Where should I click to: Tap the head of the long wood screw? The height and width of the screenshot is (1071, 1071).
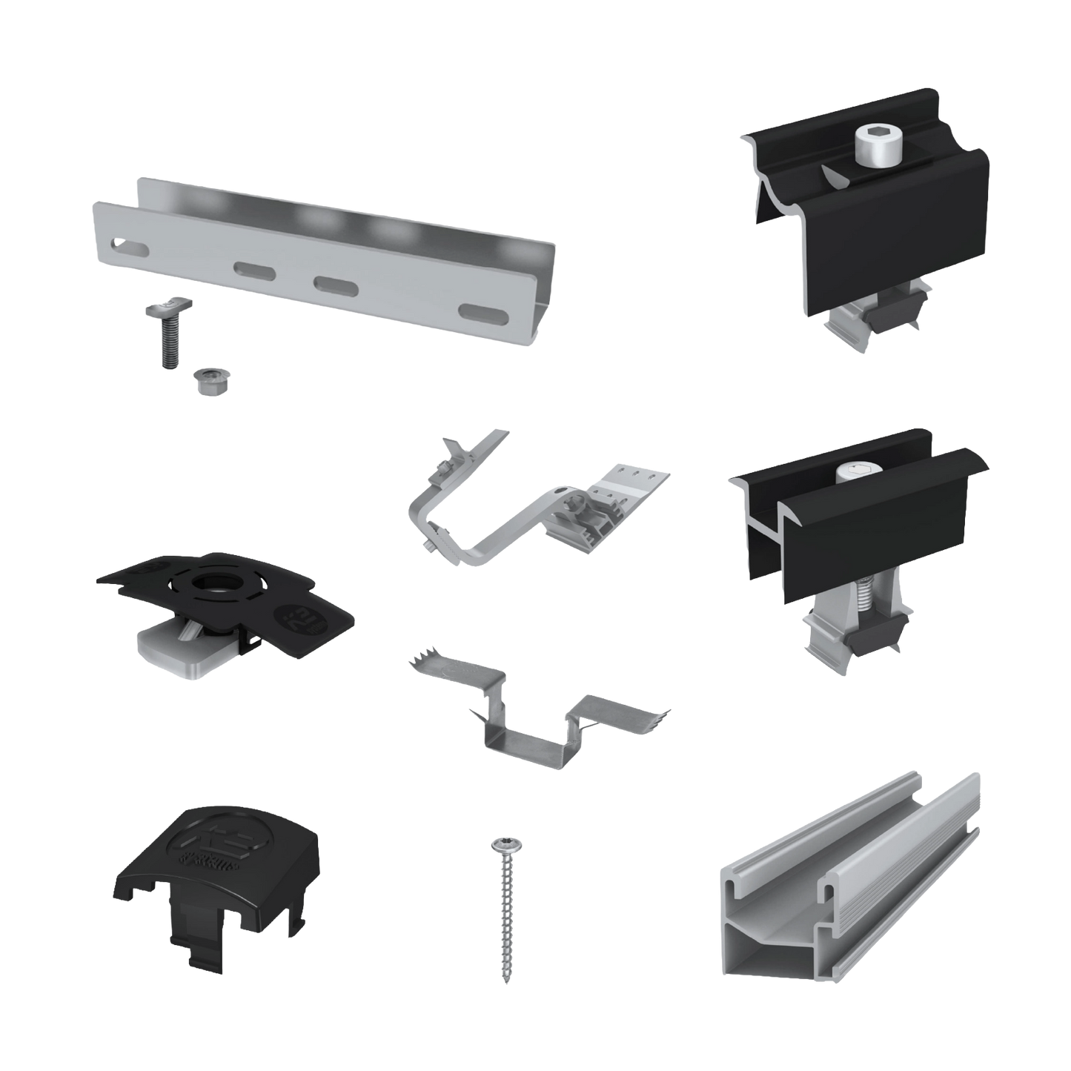(x=499, y=844)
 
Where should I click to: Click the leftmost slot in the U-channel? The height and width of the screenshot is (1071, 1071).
(x=116, y=244)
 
